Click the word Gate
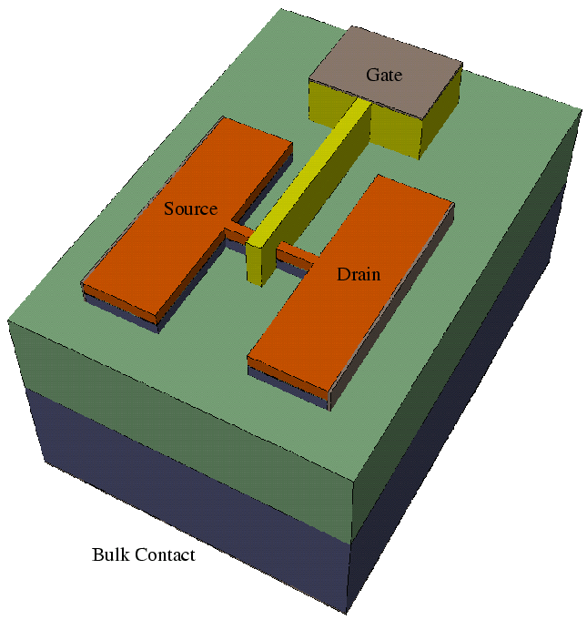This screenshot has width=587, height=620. (x=384, y=74)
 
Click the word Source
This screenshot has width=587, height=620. (x=190, y=209)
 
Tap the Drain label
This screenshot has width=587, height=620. (x=359, y=273)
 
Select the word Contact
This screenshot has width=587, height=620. (x=165, y=554)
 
